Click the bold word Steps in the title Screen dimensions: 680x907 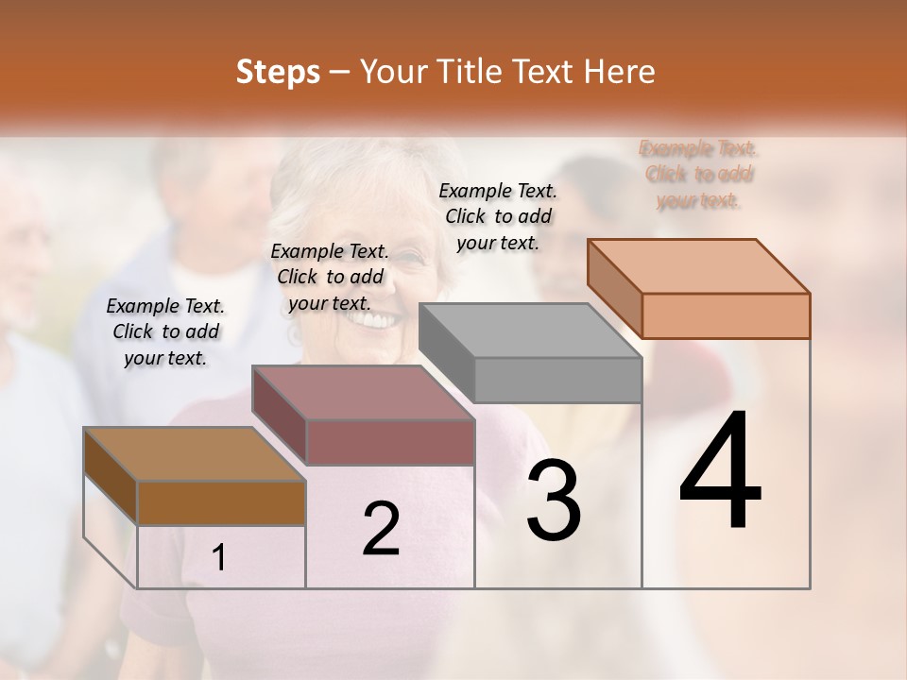[x=278, y=72]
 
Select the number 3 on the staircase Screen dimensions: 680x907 [x=554, y=501]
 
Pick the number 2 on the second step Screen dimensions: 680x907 [x=381, y=529]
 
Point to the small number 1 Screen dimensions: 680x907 [x=219, y=558]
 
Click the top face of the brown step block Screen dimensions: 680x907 [x=194, y=454]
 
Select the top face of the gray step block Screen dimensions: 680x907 [x=530, y=331]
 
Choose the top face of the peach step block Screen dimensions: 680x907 [x=698, y=266]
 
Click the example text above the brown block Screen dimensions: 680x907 [x=165, y=331]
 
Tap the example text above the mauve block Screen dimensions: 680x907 [x=330, y=277]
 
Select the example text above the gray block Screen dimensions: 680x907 [x=498, y=216]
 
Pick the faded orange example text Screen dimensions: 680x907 [x=698, y=174]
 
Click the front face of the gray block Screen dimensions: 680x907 [x=557, y=380]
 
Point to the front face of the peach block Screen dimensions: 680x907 [x=726, y=315]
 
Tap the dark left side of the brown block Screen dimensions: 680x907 [x=111, y=476]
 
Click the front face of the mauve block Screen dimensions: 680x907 [x=390, y=442]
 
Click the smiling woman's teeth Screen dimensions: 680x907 [x=374, y=321]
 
